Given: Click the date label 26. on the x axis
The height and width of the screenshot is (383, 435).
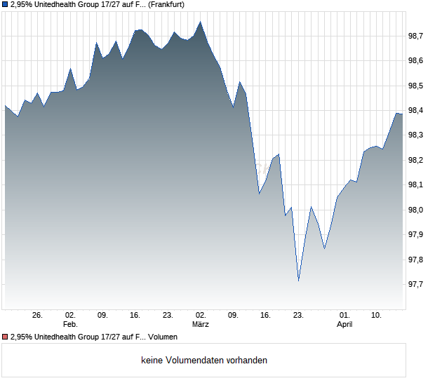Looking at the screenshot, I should (37, 316).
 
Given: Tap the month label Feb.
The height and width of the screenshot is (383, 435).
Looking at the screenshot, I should (69, 325).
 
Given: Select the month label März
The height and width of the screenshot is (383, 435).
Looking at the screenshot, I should (201, 325).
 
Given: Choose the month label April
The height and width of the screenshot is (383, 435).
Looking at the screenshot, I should (344, 325).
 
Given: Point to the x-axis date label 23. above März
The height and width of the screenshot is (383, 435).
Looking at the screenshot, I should (168, 316).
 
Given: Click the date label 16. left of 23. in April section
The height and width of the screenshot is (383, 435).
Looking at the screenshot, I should (265, 316).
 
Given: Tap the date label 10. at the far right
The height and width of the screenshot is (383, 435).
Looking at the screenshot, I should (377, 316).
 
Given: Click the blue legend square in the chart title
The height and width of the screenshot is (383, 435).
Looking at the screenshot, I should (5, 4).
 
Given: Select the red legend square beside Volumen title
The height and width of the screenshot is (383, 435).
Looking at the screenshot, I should (5, 337).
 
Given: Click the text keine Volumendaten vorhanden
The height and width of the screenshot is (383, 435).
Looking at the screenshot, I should (204, 361).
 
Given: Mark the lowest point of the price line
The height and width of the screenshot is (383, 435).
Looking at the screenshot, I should (298, 281).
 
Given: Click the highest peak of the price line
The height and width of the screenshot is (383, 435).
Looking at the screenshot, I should (201, 22).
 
